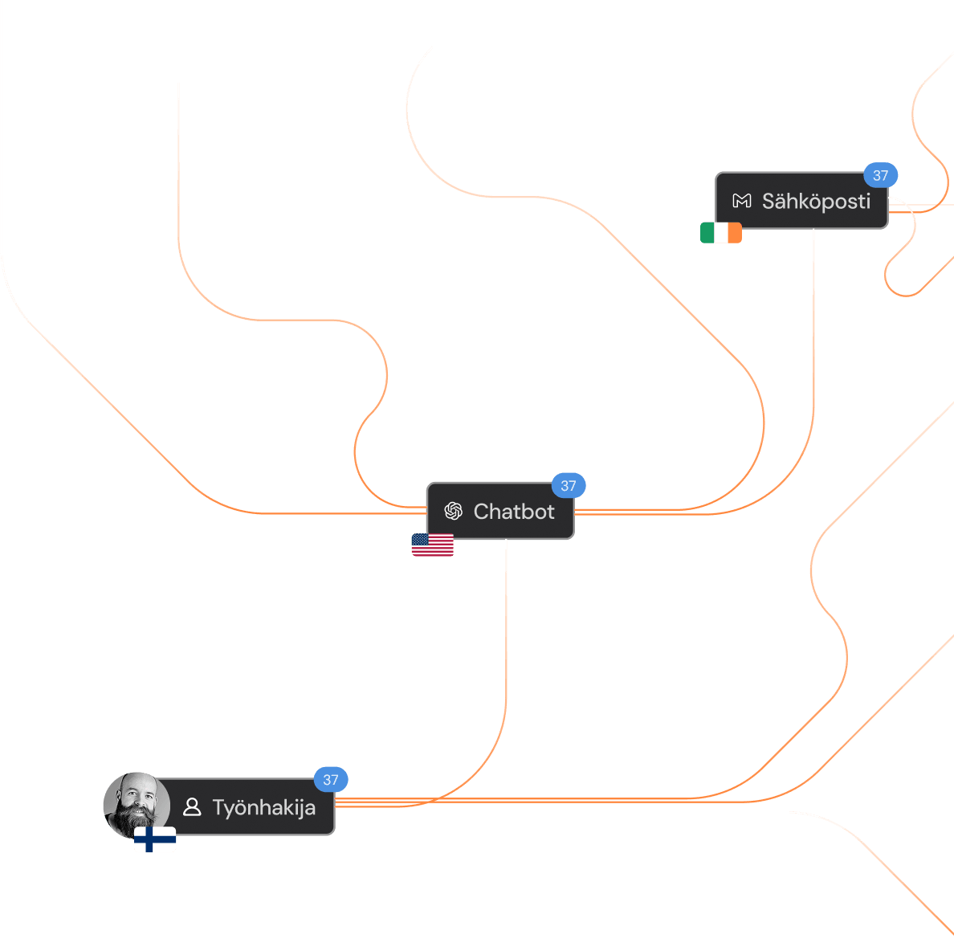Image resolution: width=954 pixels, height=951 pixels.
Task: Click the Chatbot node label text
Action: (x=514, y=512)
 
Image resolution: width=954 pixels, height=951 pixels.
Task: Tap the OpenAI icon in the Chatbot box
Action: (x=454, y=511)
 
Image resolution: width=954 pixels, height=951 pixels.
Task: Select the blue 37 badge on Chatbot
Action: (x=569, y=485)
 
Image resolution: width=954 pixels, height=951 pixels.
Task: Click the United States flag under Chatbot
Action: (x=433, y=545)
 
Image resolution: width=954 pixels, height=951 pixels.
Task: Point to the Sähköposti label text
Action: (x=816, y=201)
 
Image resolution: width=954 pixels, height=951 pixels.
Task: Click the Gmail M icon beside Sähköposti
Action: (x=742, y=201)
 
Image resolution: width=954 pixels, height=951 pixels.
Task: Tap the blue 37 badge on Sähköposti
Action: (x=881, y=175)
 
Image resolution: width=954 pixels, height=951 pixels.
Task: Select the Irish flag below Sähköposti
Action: (x=721, y=233)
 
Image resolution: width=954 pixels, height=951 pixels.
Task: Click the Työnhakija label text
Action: (x=263, y=807)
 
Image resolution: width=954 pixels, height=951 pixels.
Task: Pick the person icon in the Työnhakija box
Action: (x=192, y=806)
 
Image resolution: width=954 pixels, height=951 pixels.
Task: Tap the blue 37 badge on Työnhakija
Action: (x=331, y=779)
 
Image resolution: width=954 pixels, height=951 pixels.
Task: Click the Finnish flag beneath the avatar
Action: (x=155, y=840)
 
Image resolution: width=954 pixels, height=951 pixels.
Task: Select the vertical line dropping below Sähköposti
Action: (x=814, y=321)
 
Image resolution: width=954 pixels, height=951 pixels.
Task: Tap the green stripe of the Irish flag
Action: (x=707, y=233)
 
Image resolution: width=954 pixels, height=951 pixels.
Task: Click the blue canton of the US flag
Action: (x=421, y=540)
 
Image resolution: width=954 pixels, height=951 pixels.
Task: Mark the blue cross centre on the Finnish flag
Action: (x=150, y=840)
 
